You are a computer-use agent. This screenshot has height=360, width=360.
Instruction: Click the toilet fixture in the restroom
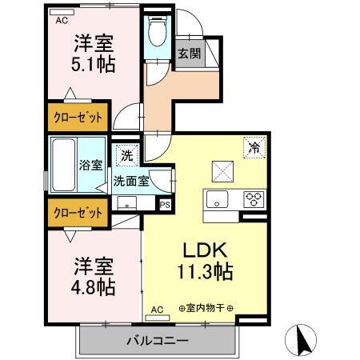[x=157, y=32]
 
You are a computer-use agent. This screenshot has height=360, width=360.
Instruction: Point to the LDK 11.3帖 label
[x=204, y=260]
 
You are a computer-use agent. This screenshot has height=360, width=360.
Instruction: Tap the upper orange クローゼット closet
[x=78, y=118]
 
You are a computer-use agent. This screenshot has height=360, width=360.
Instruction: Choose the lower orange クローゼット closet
[x=78, y=213]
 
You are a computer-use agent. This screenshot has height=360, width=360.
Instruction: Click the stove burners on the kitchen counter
[x=254, y=199]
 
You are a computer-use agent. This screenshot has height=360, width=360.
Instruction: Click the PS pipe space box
[x=166, y=205]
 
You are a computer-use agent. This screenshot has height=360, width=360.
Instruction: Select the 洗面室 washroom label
[x=131, y=181]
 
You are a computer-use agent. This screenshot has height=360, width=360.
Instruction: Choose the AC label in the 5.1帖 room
[x=61, y=22]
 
